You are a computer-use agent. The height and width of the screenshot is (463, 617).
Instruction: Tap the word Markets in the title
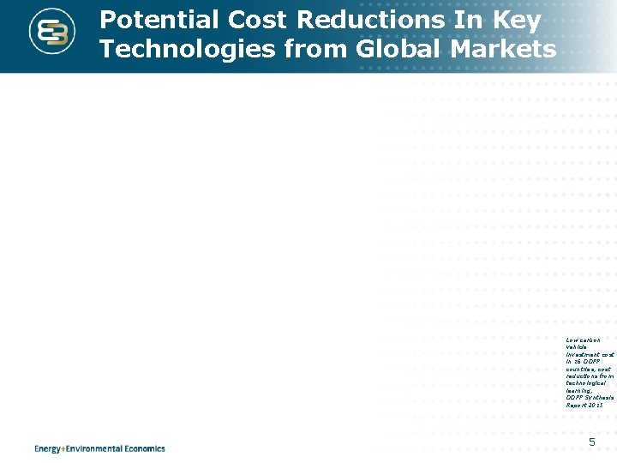tap(510, 50)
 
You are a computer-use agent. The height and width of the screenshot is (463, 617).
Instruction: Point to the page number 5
tap(591, 442)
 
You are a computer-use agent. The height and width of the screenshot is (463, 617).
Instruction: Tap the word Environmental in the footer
tap(99, 448)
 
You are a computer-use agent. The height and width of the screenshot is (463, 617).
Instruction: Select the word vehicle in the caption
tap(576, 346)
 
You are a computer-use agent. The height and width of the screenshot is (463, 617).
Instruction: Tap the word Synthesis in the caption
tap(601, 397)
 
